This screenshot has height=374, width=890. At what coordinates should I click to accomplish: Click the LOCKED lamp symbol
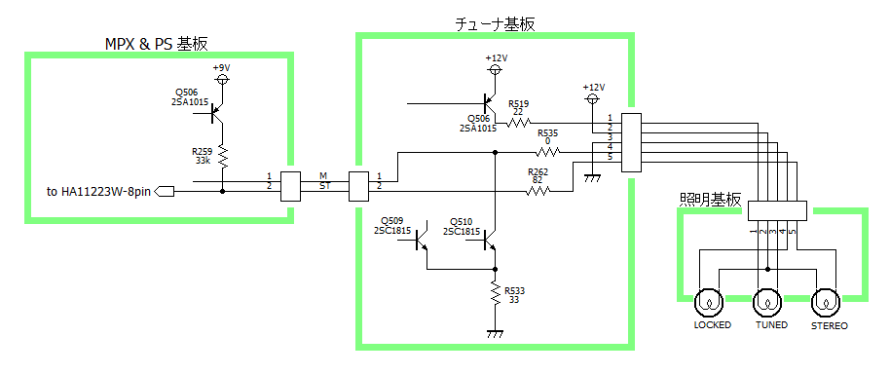[x=709, y=304]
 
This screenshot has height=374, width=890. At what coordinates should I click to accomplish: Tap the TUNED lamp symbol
[x=767, y=304]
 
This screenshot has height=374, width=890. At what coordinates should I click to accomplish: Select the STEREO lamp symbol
[x=826, y=304]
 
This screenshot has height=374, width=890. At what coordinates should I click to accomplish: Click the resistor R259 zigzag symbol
[x=222, y=157]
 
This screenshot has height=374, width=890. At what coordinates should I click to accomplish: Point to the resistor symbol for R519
[x=518, y=122]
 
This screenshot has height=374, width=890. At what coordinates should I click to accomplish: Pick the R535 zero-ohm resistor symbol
[x=548, y=152]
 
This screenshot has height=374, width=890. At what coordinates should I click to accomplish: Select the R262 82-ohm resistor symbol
[x=538, y=191]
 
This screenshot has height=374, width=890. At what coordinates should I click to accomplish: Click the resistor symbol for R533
[x=496, y=295]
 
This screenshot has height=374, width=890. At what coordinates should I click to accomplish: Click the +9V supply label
[x=222, y=67]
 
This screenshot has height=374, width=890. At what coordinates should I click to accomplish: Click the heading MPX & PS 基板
[x=157, y=44]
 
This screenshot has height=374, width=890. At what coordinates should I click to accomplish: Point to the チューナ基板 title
[x=495, y=23]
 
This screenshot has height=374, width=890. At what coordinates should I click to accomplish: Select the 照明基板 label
[x=710, y=200]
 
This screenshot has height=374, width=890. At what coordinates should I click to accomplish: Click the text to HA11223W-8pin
[x=98, y=192]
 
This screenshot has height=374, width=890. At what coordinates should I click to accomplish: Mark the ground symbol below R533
[x=496, y=333]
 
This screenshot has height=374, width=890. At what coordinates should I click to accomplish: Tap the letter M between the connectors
[x=323, y=174]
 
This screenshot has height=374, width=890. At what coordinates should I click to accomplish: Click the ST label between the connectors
[x=323, y=184]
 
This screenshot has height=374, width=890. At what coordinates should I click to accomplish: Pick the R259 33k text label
[x=202, y=156]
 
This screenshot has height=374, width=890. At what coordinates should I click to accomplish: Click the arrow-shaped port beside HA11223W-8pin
[x=164, y=192]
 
